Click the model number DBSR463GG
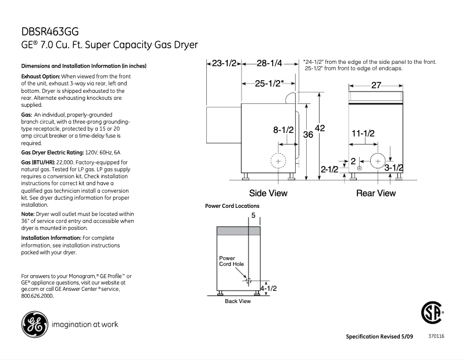pos(49,32)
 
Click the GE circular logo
pos(34,324)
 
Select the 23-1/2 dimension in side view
pos(224,63)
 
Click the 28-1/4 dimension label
pos(269,63)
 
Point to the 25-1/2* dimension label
pos(269,83)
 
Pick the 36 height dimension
pos(309,134)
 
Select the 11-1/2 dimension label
pos(363,134)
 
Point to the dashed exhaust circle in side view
pos(279,160)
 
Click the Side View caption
pos(268,193)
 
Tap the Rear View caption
pos(375,193)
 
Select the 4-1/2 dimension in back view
pos(268,288)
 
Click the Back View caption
pos(238,301)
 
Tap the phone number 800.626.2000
pos(37,296)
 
